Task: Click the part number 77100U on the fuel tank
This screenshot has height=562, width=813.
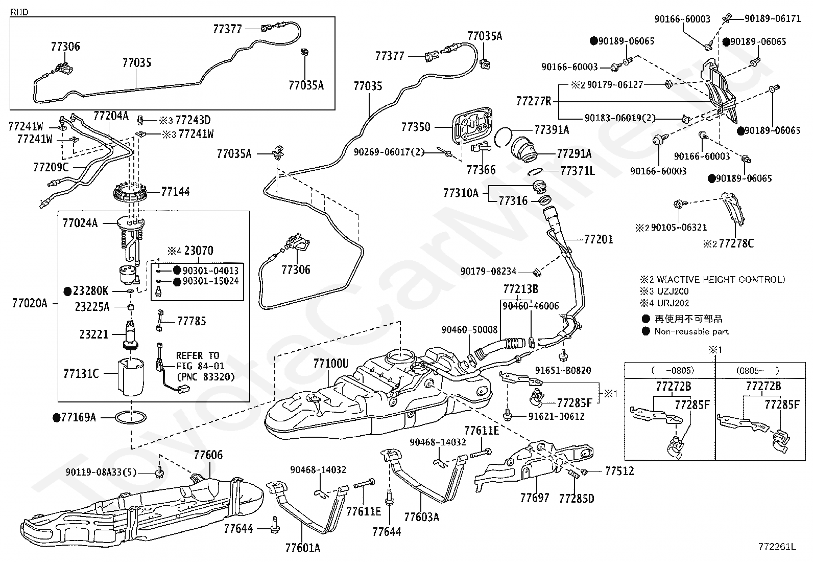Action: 330,363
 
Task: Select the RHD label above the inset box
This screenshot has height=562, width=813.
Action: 19,12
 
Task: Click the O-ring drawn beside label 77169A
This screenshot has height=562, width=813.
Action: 131,418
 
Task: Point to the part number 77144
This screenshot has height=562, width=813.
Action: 175,192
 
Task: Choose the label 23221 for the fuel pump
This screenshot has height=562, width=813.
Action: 94,334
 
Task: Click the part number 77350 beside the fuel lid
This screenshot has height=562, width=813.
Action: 416,127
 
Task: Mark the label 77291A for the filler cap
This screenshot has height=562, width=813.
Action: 574,154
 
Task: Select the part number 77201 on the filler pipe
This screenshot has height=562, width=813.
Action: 599,239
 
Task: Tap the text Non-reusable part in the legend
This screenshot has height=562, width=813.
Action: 691,331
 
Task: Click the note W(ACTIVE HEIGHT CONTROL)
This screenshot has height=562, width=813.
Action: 721,279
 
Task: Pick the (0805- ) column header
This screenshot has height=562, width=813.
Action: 757,370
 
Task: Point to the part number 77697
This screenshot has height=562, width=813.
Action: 535,498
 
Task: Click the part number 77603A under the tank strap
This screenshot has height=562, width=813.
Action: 421,516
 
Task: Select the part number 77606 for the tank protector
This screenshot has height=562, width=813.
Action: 208,455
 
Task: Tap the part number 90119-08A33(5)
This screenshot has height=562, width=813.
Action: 101,472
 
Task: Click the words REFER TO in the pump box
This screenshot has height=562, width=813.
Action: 198,355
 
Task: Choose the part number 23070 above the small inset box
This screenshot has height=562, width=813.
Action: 199,251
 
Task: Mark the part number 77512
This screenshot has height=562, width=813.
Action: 619,471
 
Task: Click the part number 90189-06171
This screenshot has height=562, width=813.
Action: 772,18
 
